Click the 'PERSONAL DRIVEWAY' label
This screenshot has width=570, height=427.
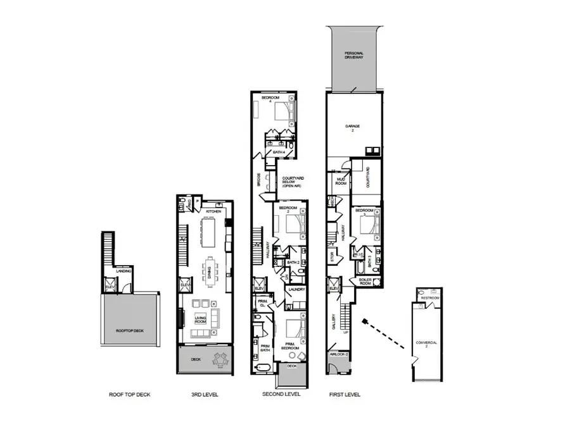[354, 54]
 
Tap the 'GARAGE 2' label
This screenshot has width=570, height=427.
[352, 128]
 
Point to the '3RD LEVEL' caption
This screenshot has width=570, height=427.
[205, 394]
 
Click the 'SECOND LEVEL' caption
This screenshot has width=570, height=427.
[281, 394]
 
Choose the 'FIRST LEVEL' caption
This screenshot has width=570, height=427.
[346, 394]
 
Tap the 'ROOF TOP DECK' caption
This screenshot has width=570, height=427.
[129, 394]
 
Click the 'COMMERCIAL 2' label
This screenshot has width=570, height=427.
[426, 344]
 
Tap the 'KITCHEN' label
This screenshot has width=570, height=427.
[213, 211]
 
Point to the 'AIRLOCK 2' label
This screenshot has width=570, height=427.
[338, 355]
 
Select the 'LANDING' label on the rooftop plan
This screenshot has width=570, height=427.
[124, 271]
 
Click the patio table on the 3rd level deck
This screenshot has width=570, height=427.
[221, 360]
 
